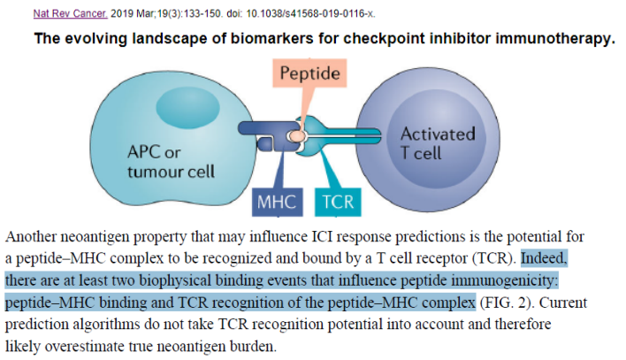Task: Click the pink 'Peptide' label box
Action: point(309,73)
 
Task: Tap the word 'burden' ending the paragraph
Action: point(255,345)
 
